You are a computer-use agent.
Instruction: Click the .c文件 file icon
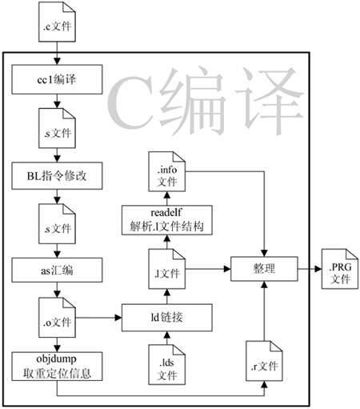[x=57, y=22]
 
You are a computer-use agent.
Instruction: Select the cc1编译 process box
[x=57, y=79]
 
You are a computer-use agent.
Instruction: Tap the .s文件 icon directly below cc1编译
[x=57, y=128]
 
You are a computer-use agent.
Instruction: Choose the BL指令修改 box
[x=57, y=176]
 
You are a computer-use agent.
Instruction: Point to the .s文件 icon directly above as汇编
[x=57, y=224]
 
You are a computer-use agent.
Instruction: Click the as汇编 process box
[x=57, y=270]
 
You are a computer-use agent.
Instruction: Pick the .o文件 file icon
[x=57, y=318]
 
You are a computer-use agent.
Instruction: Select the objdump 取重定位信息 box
[x=57, y=367]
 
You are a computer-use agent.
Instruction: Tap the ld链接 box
[x=167, y=318]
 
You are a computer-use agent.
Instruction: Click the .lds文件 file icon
[x=167, y=365]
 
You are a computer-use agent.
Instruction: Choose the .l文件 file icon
[x=167, y=269]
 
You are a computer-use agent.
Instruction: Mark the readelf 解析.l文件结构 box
[x=167, y=220]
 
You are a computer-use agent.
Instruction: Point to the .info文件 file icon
[x=167, y=171]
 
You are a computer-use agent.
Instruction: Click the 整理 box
[x=264, y=269]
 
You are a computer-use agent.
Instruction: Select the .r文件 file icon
[x=264, y=361]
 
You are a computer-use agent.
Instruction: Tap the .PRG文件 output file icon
[x=340, y=269]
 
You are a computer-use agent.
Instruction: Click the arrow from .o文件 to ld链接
[x=98, y=318]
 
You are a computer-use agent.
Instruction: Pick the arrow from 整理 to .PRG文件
[x=310, y=269]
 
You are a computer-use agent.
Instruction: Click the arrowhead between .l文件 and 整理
[x=227, y=269]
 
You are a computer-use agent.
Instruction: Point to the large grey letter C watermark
[x=130, y=102]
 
